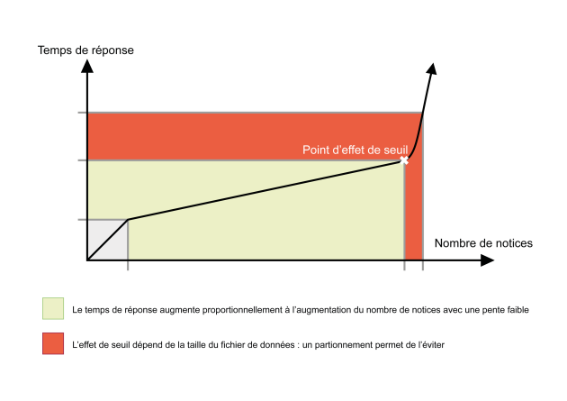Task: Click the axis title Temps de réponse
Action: click(x=85, y=50)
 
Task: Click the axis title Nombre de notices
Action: click(x=483, y=243)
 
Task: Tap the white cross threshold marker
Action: click(x=404, y=160)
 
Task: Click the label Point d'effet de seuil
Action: click(x=355, y=150)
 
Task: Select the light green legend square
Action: click(x=53, y=308)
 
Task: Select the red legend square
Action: click(x=53, y=343)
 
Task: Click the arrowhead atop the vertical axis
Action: click(x=87, y=66)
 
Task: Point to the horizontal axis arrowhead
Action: click(x=487, y=260)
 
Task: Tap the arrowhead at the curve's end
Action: click(x=432, y=69)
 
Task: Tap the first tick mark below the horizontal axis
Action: click(x=128, y=265)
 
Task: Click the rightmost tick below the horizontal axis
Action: click(x=423, y=265)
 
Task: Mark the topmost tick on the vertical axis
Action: click(x=83, y=113)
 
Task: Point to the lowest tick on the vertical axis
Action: click(x=83, y=220)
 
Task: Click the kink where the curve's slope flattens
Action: click(x=128, y=219)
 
